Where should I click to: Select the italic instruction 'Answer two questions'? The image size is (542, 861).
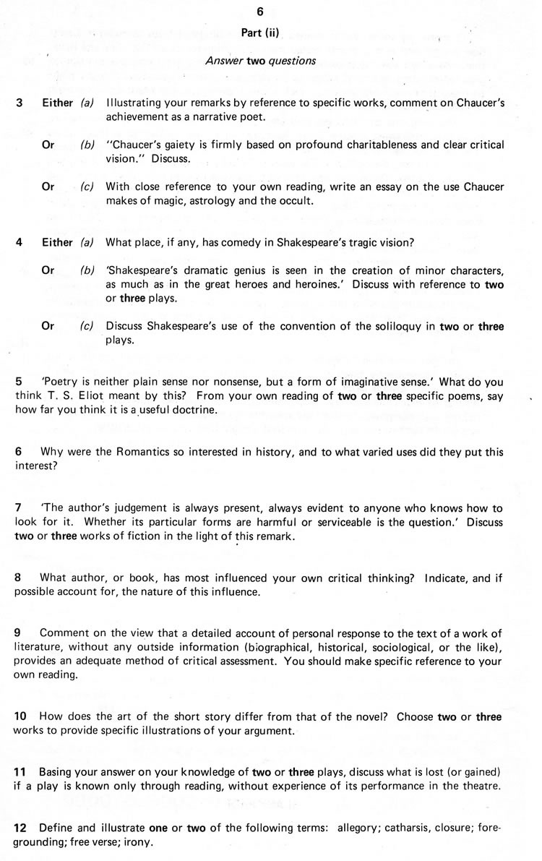point(260,61)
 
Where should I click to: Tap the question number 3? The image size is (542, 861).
point(19,103)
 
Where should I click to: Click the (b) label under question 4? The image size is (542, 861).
point(87,270)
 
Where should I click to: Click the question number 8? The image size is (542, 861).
point(19,578)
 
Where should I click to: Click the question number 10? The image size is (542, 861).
point(21,716)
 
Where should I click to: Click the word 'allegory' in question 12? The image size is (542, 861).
point(366,828)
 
